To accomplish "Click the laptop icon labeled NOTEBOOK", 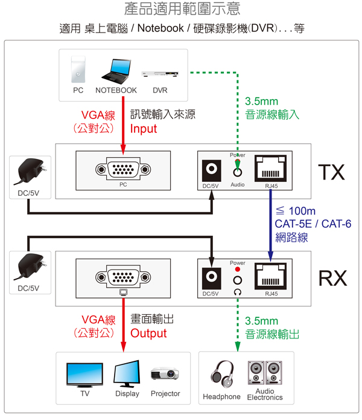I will [115, 70].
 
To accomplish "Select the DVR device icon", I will [159, 74].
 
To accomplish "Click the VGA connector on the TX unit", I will [123, 170].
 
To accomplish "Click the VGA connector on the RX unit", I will [123, 277].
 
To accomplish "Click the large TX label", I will [332, 173].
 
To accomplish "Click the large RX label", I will [332, 278].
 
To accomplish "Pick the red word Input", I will [144, 129].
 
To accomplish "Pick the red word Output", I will [148, 334].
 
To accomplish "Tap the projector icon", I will [165, 375].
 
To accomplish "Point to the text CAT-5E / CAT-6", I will [313, 225].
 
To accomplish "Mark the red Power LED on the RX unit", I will [238, 269].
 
